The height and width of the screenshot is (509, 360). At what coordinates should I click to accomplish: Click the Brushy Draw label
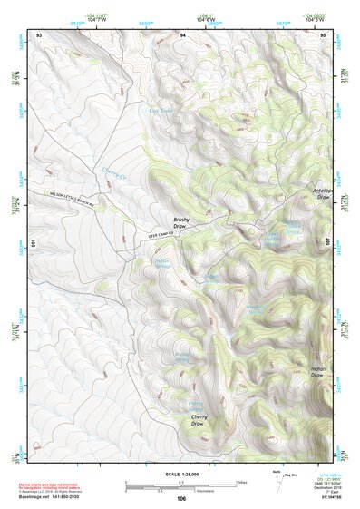coord(182,222)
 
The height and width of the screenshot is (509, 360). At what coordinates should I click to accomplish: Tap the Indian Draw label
coord(317,374)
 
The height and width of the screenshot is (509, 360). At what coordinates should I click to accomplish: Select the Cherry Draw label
coord(199,420)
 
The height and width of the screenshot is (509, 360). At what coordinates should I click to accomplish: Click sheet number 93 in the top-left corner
coord(38,34)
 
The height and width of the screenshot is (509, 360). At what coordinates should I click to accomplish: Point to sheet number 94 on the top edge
coord(182,34)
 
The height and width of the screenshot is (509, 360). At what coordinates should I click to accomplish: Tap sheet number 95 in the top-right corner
coord(324,34)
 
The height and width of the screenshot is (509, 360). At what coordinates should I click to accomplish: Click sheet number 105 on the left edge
coord(34,243)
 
